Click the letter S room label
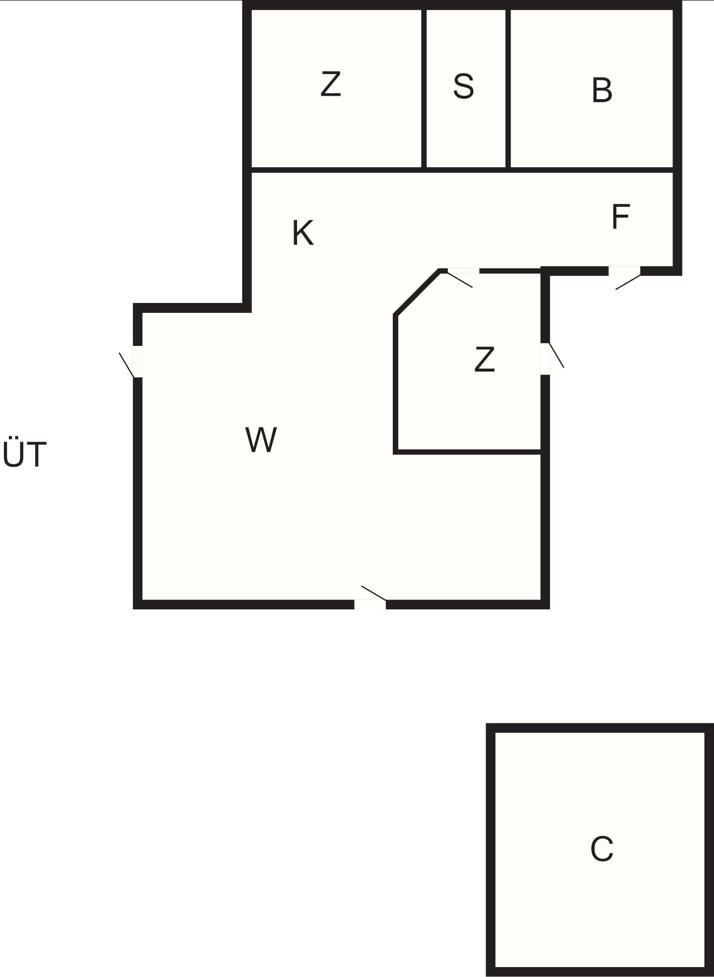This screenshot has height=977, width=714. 463,86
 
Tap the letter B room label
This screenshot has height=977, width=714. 602,90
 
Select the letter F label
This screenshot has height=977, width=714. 620,217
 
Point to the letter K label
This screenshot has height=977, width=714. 302,233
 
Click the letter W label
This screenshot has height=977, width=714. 261,440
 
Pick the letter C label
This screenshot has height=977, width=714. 601,849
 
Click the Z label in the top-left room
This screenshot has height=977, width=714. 331,84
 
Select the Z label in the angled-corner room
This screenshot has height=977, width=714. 484,359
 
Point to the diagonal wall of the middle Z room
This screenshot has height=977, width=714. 418,292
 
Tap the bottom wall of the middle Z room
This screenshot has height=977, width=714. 468,451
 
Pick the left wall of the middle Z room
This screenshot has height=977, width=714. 396,383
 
